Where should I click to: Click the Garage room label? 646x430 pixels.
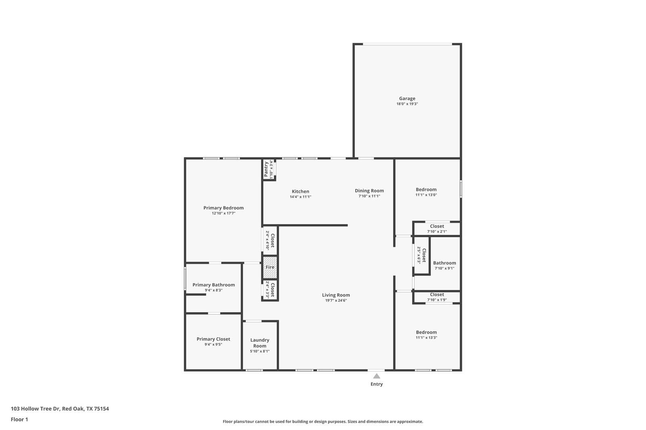[407, 98]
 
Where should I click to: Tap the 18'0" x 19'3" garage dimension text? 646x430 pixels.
[407, 104]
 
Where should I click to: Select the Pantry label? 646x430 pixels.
[266, 169]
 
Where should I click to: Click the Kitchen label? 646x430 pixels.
[300, 192]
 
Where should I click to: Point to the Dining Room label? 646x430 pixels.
[369, 191]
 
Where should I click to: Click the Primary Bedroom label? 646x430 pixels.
[223, 208]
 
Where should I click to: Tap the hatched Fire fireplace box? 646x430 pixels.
[270, 267]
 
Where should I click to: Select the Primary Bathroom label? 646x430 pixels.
[214, 285]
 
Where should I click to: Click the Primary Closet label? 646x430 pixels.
[213, 339]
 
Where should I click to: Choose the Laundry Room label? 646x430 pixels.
[260, 343]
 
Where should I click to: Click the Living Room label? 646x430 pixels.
[336, 295]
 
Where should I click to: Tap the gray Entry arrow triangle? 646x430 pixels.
[376, 376]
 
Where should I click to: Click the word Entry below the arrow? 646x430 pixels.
[376, 384]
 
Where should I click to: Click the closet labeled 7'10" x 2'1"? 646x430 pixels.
[437, 229]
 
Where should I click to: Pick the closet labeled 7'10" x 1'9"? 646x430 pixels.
[437, 297]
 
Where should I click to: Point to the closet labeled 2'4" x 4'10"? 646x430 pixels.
[270, 241]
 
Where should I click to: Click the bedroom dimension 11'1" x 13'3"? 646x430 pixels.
[426, 338]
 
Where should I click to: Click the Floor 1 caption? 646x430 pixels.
[19, 420]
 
